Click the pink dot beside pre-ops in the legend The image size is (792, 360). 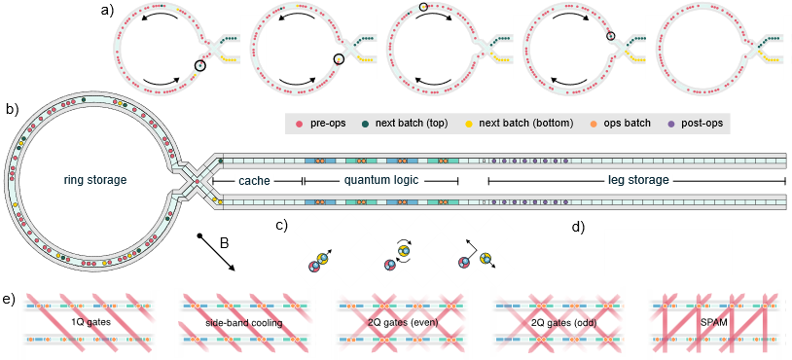(299, 124)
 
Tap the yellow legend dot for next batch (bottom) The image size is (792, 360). (468, 124)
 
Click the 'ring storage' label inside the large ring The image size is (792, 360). (89, 180)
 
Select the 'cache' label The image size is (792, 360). (254, 180)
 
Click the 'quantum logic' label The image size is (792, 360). (382, 180)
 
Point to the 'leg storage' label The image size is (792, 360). (638, 180)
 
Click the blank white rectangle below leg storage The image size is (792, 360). (667, 252)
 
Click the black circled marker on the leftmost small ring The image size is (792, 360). (199, 66)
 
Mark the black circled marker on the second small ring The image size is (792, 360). (339, 59)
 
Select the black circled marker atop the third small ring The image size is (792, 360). (423, 8)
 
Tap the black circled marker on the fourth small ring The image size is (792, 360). (610, 37)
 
